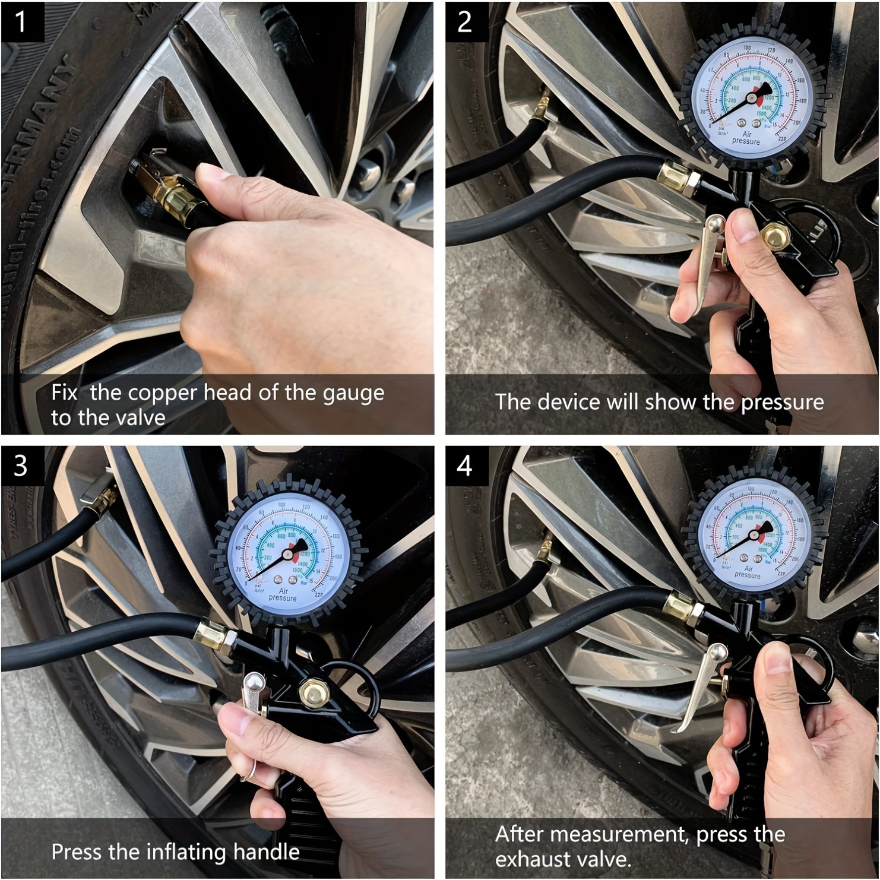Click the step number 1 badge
[x=21, y=21]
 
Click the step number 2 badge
[x=465, y=21]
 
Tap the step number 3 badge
[x=21, y=466]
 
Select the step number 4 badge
[x=465, y=466]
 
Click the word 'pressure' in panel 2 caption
[x=782, y=403]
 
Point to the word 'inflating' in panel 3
[x=187, y=852]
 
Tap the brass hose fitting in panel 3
[x=215, y=634]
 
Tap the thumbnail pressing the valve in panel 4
[x=779, y=659]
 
